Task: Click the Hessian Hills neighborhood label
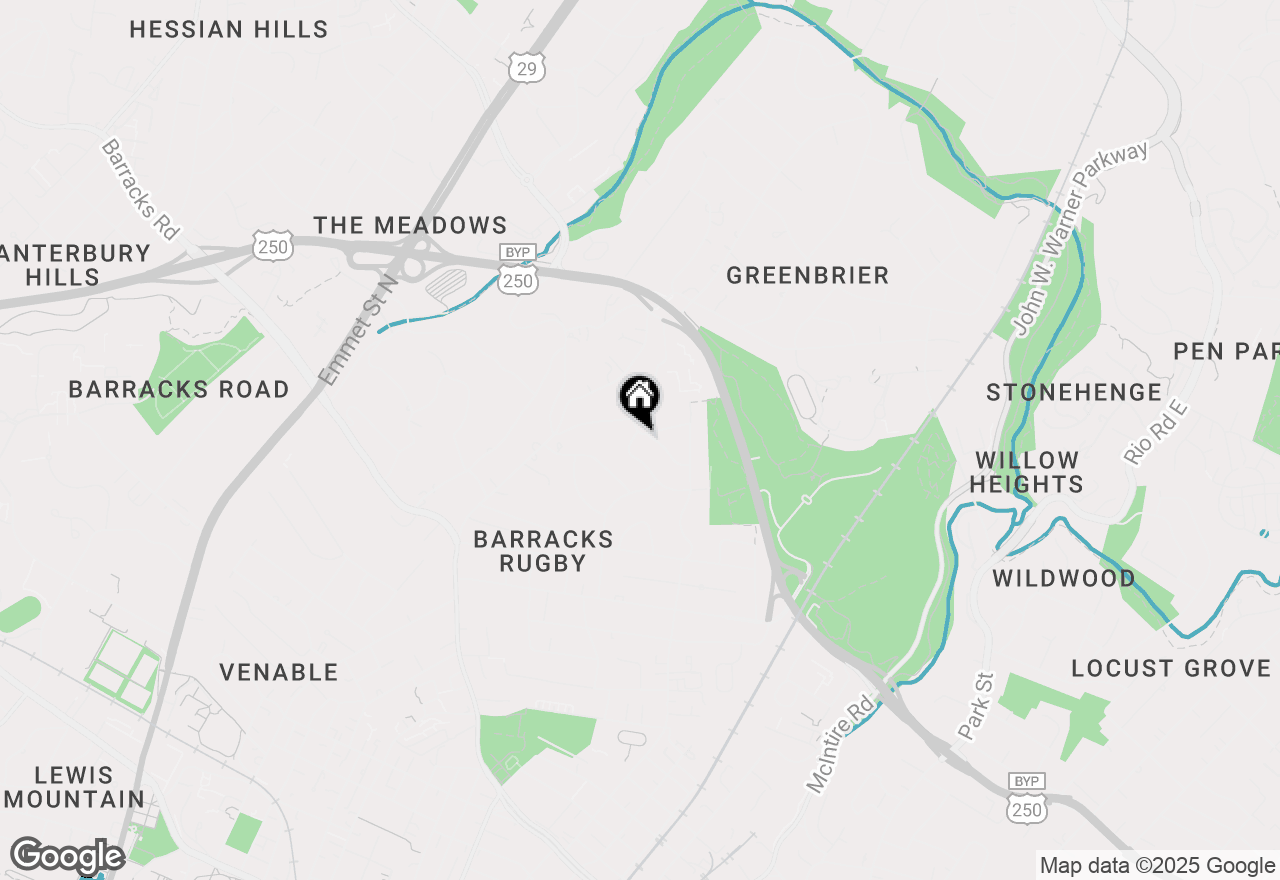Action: [x=229, y=30]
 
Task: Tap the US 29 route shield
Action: [x=525, y=68]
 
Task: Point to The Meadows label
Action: [x=411, y=226]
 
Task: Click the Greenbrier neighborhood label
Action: [x=808, y=276]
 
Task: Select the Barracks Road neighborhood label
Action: [x=179, y=390]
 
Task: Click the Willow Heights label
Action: [x=1027, y=472]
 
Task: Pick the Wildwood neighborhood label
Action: [x=1064, y=579]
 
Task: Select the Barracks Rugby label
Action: [x=543, y=552]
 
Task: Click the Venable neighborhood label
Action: [x=279, y=673]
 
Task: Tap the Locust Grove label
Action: [x=1171, y=669]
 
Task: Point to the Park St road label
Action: [x=976, y=707]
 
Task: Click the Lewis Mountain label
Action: [x=75, y=787]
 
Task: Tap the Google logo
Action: [x=67, y=856]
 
